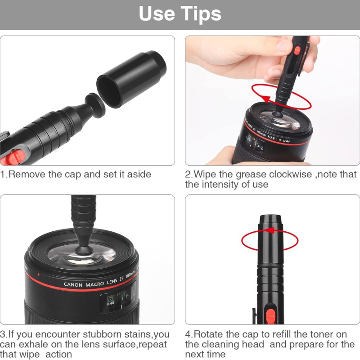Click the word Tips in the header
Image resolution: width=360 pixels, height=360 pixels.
tap(201, 14)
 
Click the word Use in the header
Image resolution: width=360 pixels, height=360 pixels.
tap(157, 14)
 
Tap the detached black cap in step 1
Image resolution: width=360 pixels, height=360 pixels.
tap(131, 79)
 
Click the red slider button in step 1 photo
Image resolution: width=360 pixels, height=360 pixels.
tap(15, 157)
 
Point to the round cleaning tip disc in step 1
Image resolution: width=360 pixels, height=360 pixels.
tap(95, 105)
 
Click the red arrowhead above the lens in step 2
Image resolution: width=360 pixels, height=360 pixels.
tap(266, 99)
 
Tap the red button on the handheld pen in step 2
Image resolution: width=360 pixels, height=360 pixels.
tap(297, 50)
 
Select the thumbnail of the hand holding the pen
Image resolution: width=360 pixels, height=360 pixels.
tap(272, 100)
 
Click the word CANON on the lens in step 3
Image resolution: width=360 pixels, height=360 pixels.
tap(73, 285)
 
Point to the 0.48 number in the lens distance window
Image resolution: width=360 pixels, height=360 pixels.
tap(110, 303)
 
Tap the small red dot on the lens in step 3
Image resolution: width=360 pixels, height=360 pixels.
tap(38, 274)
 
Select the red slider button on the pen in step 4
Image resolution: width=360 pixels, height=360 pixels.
tap(270, 316)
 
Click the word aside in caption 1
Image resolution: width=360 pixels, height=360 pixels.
tap(139, 174)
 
